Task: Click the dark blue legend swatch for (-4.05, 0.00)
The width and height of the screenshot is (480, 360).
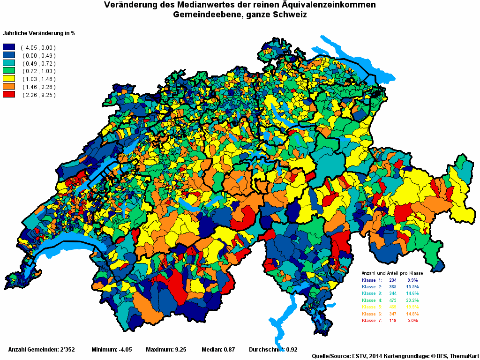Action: click(x=9, y=47)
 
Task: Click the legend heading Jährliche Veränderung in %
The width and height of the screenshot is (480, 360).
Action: click(x=39, y=33)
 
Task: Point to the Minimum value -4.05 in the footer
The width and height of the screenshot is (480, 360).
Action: click(x=125, y=350)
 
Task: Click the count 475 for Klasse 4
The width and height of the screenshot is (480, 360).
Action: click(x=393, y=300)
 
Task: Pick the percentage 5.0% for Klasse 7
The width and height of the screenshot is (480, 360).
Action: click(x=412, y=321)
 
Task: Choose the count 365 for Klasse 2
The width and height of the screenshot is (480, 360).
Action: click(x=393, y=286)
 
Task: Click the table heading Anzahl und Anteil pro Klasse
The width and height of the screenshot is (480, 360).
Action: click(x=392, y=273)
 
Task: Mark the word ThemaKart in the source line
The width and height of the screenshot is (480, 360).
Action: click(x=465, y=356)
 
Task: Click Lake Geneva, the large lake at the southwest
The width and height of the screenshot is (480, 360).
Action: click(x=70, y=246)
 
